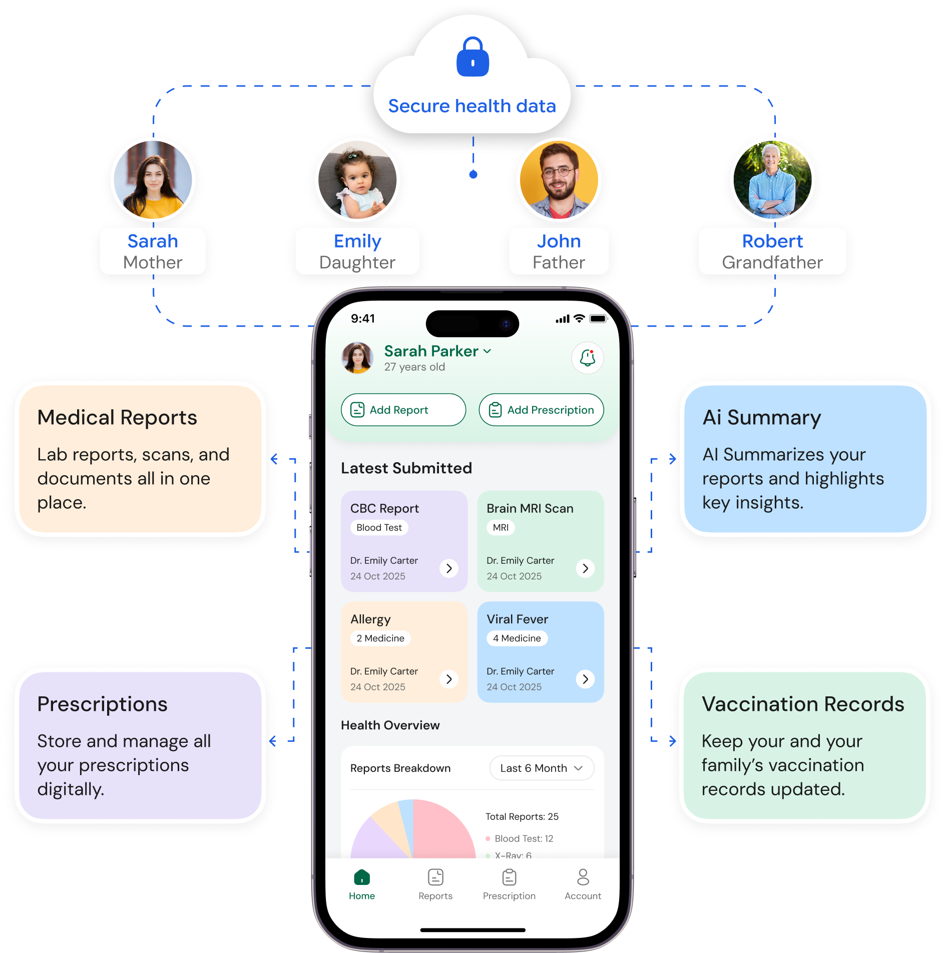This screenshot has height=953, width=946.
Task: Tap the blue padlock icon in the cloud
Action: [472, 57]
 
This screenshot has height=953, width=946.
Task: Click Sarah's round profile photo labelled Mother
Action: [153, 180]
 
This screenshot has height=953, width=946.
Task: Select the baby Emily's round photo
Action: [357, 180]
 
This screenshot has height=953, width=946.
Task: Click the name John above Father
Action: [559, 241]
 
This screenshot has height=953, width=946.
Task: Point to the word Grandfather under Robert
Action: [772, 263]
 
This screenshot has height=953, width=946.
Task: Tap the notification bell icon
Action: [588, 358]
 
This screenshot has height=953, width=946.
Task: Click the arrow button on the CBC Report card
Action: [449, 568]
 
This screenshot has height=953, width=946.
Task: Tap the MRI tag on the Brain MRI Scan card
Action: [501, 527]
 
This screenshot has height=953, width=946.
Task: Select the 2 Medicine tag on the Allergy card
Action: [380, 638]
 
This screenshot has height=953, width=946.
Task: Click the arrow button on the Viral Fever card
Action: [585, 679]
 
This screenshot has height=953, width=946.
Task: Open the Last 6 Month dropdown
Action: [542, 768]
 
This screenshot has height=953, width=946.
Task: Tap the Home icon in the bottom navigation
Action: [362, 877]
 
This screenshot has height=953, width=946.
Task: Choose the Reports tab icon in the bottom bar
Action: [435, 877]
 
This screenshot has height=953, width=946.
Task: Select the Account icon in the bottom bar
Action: [583, 877]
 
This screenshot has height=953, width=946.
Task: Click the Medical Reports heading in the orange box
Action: [117, 418]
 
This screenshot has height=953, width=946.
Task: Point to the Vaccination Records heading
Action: [803, 704]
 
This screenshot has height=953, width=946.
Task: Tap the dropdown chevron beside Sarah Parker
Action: [487, 351]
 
